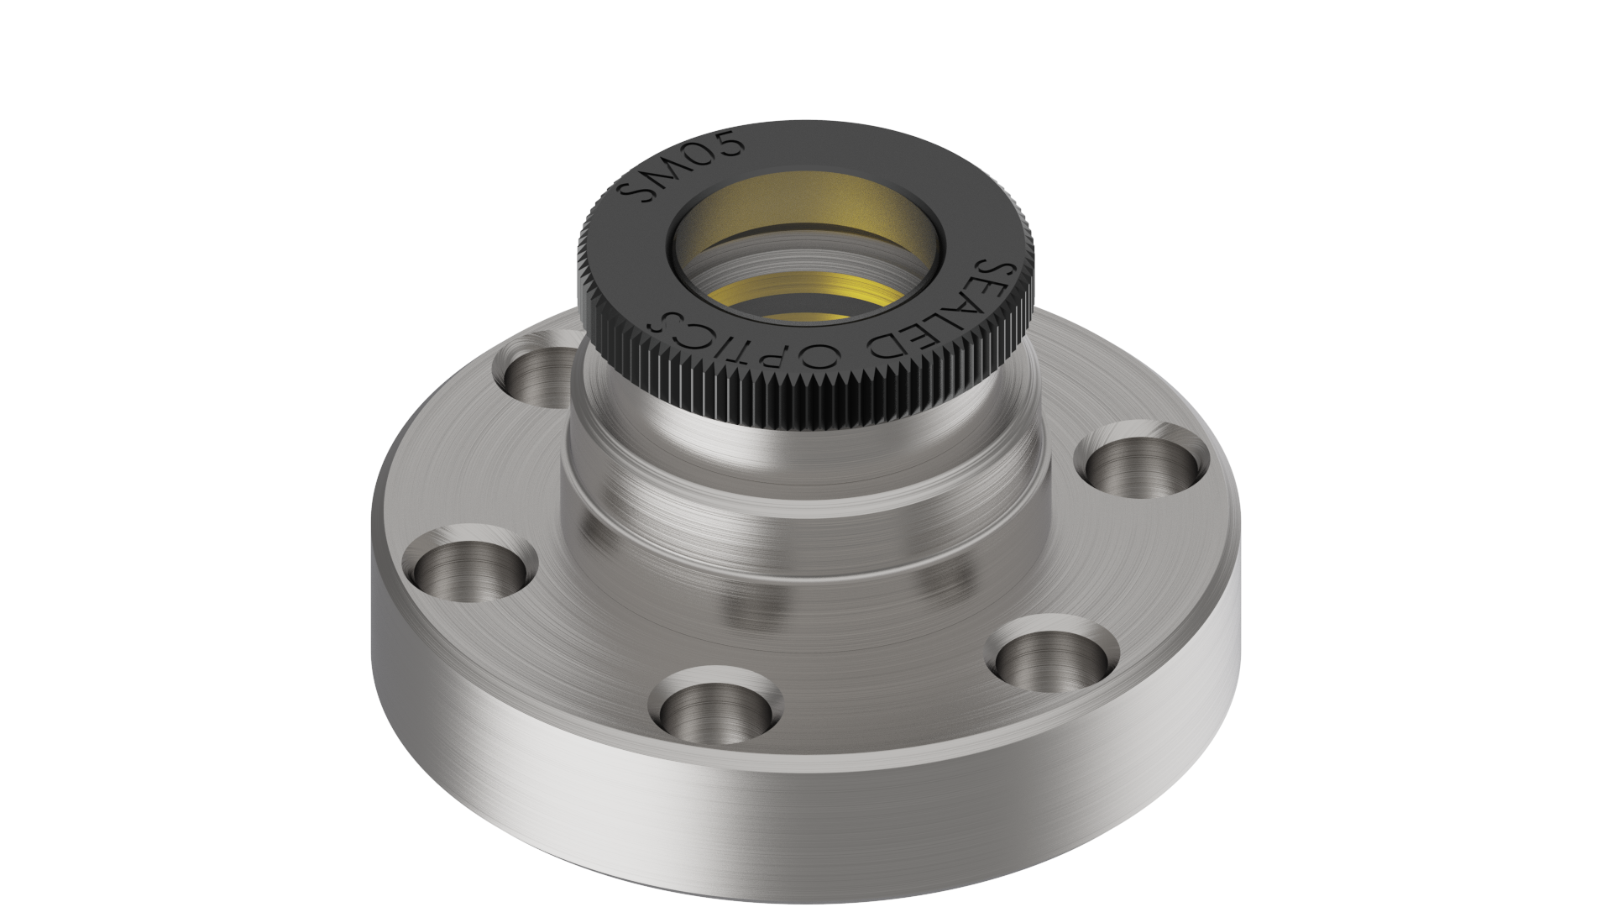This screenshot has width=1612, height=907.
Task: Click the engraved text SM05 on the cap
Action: [x=681, y=167]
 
